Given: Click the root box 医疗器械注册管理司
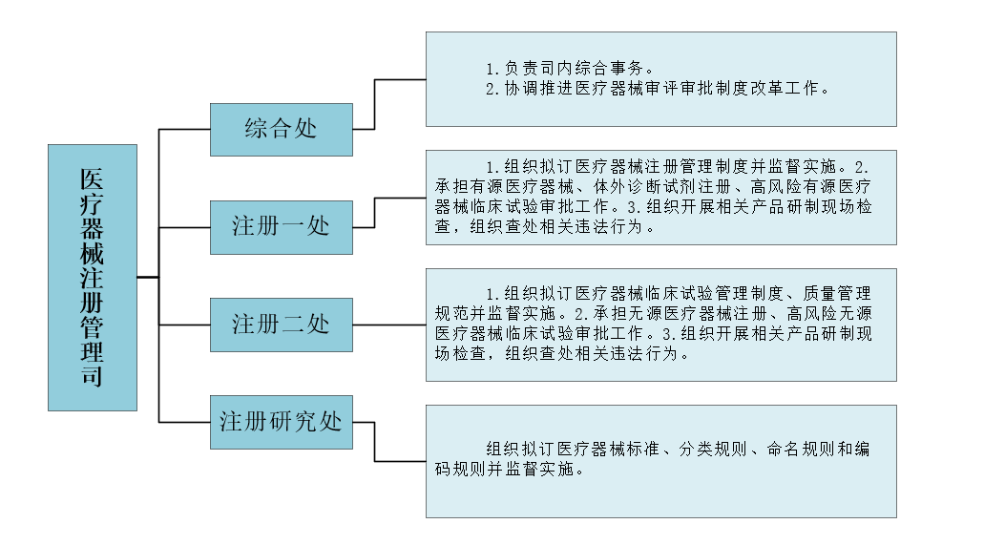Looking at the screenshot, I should coord(92,277).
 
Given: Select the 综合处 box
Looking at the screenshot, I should coord(281,128).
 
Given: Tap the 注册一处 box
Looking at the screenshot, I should coord(281,226).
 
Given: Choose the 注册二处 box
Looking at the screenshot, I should coord(281,325).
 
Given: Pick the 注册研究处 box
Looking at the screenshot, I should coord(281,422).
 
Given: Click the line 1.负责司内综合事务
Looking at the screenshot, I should coord(569,69).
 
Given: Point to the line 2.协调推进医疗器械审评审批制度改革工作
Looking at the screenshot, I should coord(657,88).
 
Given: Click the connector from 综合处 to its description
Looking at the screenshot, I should coord(375,104).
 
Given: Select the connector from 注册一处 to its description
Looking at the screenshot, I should coord(375,213).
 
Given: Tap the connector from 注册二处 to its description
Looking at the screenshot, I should coord(389,325).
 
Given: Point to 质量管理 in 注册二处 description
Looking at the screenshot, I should coord(836,293).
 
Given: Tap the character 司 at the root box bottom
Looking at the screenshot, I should coord(92,375).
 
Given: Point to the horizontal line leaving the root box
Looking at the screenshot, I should coord(148,277).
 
